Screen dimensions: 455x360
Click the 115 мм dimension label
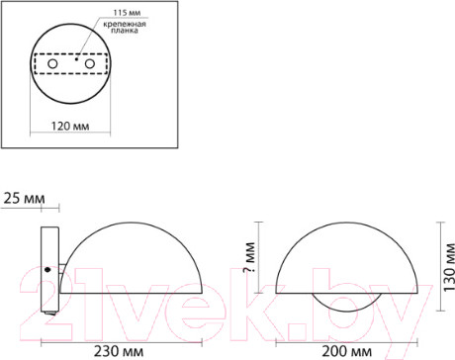127,13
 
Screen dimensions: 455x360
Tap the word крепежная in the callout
125,24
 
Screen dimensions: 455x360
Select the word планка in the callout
125,31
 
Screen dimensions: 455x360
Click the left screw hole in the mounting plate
52,63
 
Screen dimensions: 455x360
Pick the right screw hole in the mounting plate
90,63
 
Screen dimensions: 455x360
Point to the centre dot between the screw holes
76,59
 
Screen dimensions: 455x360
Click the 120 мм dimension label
70,126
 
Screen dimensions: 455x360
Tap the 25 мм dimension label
24,199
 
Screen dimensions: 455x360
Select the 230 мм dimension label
119,351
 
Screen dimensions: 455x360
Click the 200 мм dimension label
346,351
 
